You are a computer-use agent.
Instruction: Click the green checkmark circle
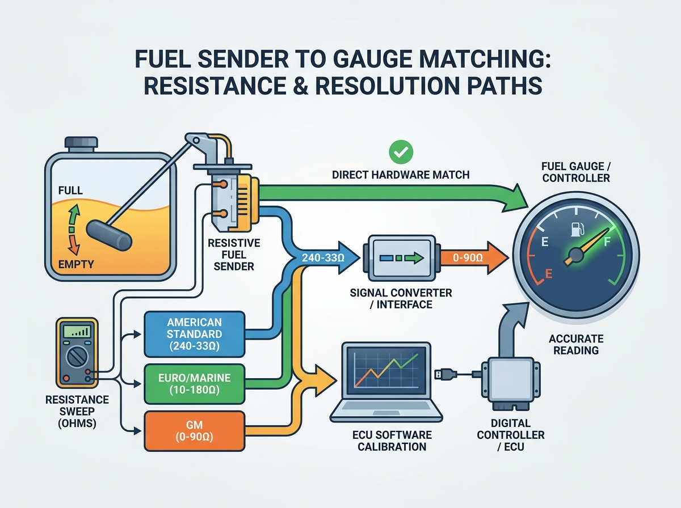(x=401, y=152)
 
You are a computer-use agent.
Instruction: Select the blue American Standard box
(x=195, y=334)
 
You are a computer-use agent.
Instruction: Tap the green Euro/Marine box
(x=195, y=384)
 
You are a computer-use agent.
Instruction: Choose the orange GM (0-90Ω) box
(x=195, y=431)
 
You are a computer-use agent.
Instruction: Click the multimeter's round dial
(x=76, y=357)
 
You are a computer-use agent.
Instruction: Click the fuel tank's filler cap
(x=81, y=144)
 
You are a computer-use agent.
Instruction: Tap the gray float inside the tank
(x=109, y=235)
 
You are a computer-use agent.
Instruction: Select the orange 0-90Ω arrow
(x=474, y=257)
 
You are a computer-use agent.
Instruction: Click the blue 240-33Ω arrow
(x=326, y=257)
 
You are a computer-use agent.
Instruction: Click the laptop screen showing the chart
(x=386, y=371)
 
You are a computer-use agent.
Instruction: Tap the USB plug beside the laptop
(x=445, y=374)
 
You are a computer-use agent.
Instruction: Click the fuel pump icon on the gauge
(x=578, y=230)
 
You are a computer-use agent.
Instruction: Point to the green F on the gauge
(x=607, y=241)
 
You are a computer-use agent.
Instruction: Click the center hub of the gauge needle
(x=576, y=255)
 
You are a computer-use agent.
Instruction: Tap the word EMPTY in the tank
(x=76, y=264)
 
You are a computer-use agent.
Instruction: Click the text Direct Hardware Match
(x=401, y=175)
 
